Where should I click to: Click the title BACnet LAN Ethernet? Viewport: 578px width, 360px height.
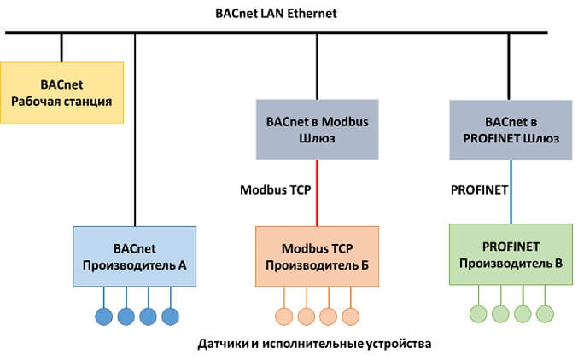pyautogui.click(x=276, y=14)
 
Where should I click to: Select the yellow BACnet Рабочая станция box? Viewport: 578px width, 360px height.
pyautogui.click(x=62, y=92)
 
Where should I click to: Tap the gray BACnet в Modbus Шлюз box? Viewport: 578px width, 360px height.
pyautogui.click(x=317, y=130)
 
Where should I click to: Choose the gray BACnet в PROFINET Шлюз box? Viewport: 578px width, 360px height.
pyautogui.click(x=511, y=130)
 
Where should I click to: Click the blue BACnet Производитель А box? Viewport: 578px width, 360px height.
pyautogui.click(x=135, y=257)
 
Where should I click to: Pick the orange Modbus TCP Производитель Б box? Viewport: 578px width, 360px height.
pyautogui.click(x=317, y=257)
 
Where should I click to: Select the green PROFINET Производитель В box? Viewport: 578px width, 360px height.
pyautogui.click(x=511, y=254)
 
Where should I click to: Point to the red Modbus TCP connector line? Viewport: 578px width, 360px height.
pyautogui.click(x=317, y=193)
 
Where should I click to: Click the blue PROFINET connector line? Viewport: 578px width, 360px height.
pyautogui.click(x=511, y=192)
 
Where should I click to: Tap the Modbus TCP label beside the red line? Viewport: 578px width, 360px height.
pyautogui.click(x=276, y=189)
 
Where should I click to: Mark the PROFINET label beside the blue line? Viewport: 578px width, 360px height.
pyautogui.click(x=479, y=189)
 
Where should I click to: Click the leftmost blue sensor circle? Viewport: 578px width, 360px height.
pyautogui.click(x=104, y=316)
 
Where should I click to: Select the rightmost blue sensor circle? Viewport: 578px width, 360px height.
pyautogui.click(x=170, y=316)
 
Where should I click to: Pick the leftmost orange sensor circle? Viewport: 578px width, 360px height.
pyautogui.click(x=284, y=316)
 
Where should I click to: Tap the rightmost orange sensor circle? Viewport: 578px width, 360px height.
pyautogui.click(x=351, y=316)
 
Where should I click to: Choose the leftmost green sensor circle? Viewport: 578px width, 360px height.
pyautogui.click(x=478, y=314)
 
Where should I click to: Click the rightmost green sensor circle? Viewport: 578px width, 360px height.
pyautogui.click(x=545, y=314)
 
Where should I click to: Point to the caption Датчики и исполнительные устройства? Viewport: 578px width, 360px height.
pyautogui.click(x=314, y=344)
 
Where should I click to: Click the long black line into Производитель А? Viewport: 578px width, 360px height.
pyautogui.click(x=135, y=130)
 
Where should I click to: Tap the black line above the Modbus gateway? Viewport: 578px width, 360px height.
pyautogui.click(x=317, y=67)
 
